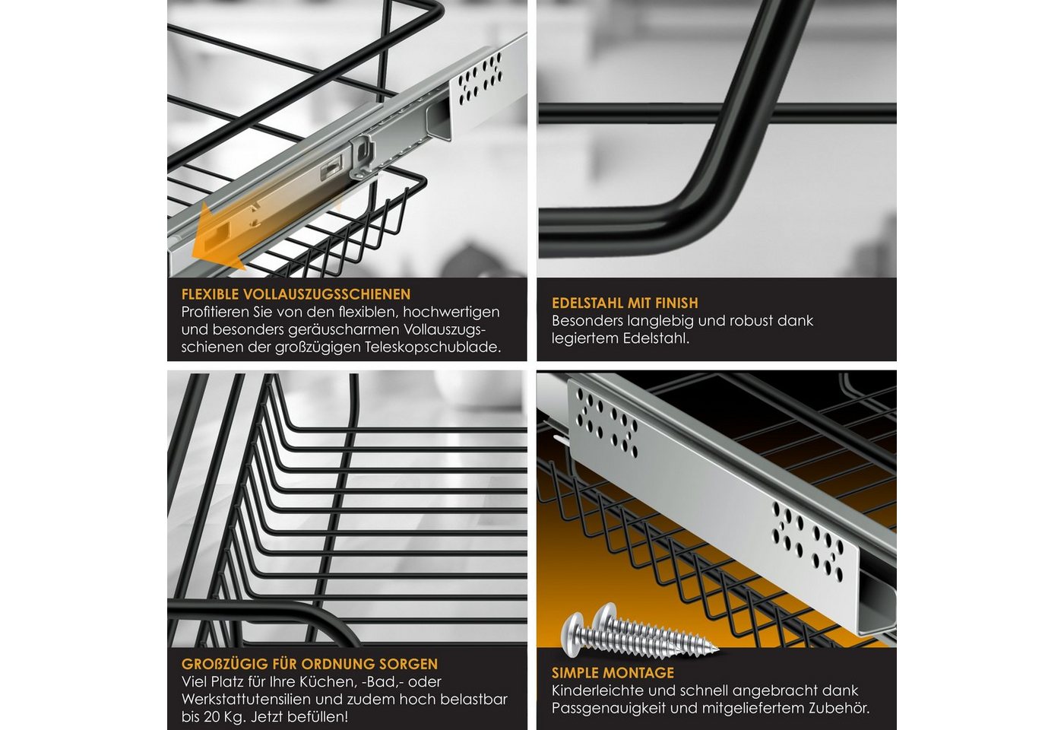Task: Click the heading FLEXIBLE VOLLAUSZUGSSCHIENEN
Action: click(x=296, y=294)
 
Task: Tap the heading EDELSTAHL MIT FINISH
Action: click(x=625, y=303)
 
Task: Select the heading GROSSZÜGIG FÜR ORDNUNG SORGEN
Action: click(x=310, y=664)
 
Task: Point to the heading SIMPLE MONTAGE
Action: click(x=613, y=673)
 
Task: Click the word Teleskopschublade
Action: click(x=433, y=348)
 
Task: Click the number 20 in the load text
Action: click(x=212, y=716)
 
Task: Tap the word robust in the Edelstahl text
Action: click(x=748, y=321)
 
